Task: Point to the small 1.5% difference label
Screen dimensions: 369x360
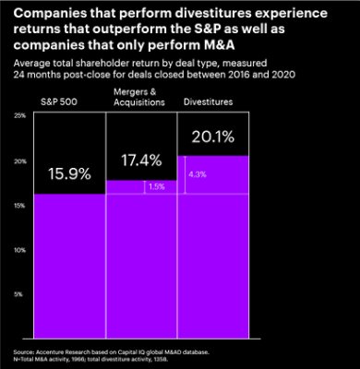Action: point(156,186)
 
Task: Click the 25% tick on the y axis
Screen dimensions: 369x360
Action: point(19,115)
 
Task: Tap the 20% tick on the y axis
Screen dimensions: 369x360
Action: point(19,161)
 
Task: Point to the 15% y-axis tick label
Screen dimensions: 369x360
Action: point(19,205)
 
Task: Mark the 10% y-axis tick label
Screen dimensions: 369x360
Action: point(19,249)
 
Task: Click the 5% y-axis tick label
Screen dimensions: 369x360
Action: point(20,293)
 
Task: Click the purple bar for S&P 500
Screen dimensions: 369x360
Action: point(66,268)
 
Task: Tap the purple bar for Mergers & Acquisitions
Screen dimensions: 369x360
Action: point(142,268)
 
